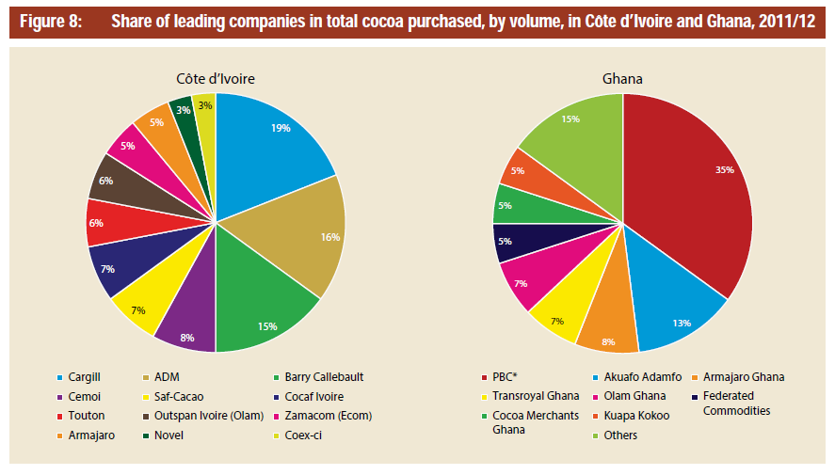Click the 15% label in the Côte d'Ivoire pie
click(267, 326)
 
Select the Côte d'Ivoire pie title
click(216, 79)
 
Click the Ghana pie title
click(622, 79)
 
